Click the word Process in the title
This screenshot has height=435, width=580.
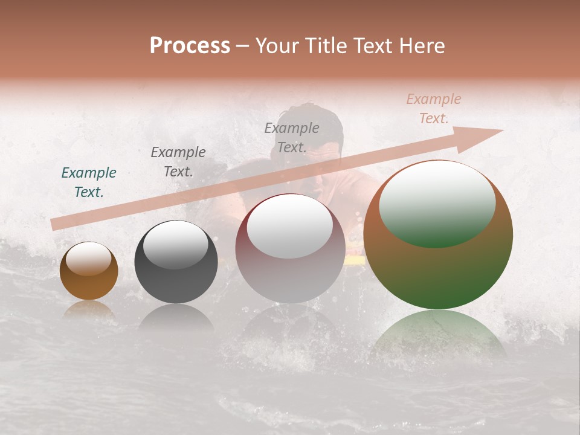[x=190, y=46]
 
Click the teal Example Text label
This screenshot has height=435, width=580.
[x=89, y=182]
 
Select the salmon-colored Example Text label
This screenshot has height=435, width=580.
[x=434, y=109]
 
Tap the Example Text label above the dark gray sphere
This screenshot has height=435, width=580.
[x=178, y=162]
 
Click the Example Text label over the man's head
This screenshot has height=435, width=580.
[x=292, y=138]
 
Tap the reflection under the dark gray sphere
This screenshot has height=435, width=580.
[x=176, y=317]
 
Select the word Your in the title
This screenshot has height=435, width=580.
[x=275, y=46]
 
